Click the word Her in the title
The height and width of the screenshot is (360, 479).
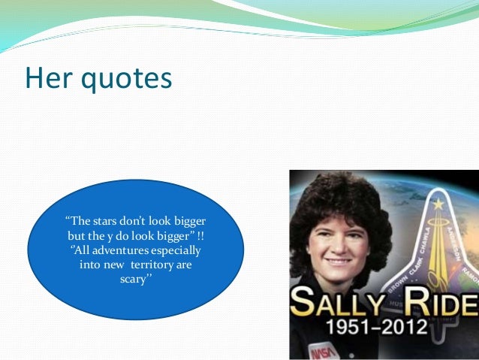[48, 77]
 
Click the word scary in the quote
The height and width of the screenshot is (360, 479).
[136, 280]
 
